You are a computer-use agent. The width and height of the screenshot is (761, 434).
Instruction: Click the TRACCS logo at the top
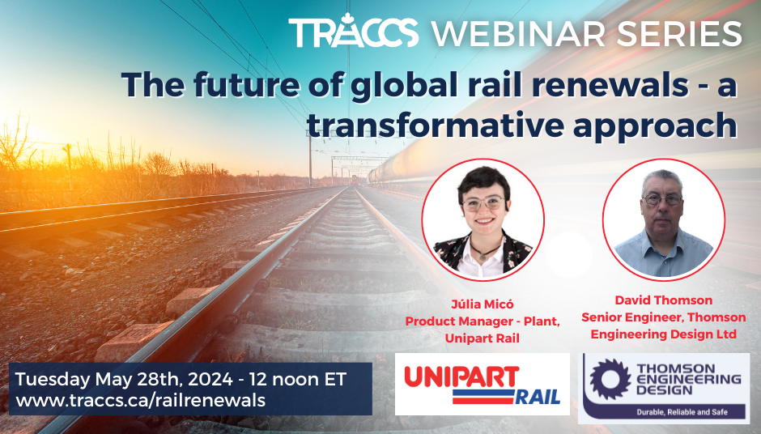tap(354, 32)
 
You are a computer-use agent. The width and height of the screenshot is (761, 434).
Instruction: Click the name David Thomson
tap(664, 301)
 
